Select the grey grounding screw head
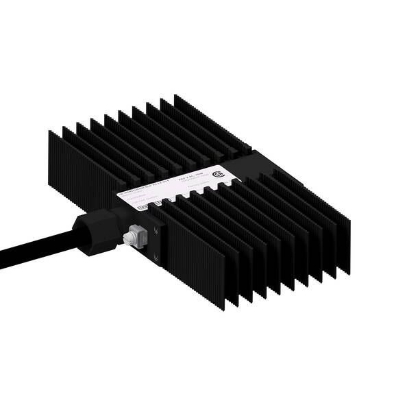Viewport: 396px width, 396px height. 127,238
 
